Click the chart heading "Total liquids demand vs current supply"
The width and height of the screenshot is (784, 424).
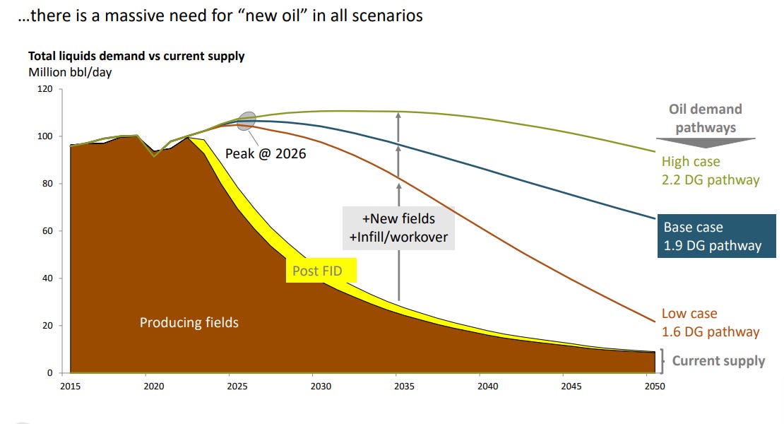pyautogui.click(x=136, y=56)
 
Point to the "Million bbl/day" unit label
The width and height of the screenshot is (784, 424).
pyautogui.click(x=70, y=71)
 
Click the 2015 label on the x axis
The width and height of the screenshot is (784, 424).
pyautogui.click(x=71, y=387)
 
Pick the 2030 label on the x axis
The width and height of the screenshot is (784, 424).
pyautogui.click(x=321, y=387)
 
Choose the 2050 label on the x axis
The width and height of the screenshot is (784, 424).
pyautogui.click(x=654, y=387)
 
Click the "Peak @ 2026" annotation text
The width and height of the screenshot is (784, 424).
pyautogui.click(x=266, y=153)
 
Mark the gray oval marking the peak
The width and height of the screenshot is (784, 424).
pyautogui.click(x=247, y=121)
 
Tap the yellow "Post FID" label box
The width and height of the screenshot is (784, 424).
pyautogui.click(x=321, y=270)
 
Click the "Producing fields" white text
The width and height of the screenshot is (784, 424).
pyautogui.click(x=189, y=323)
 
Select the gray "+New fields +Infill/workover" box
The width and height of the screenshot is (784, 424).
pyautogui.click(x=398, y=228)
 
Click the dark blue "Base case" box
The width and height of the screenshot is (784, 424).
pyautogui.click(x=716, y=237)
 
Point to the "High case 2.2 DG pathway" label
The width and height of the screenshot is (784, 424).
pyautogui.click(x=710, y=171)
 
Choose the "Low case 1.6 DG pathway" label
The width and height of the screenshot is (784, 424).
pyautogui.click(x=710, y=322)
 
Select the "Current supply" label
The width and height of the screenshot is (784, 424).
pyautogui.click(x=718, y=361)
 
